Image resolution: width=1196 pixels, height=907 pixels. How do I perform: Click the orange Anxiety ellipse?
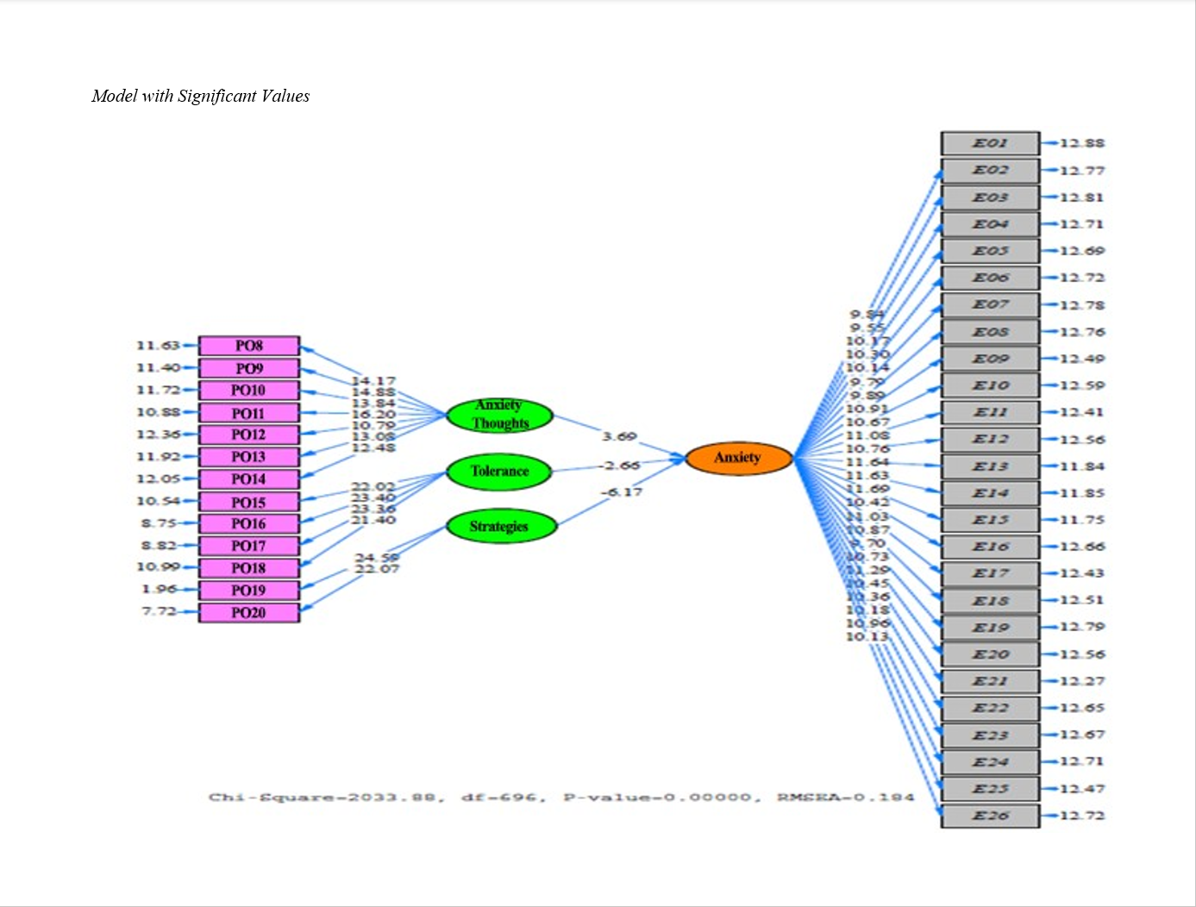point(738,458)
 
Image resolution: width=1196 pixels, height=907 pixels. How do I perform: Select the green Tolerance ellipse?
point(499,472)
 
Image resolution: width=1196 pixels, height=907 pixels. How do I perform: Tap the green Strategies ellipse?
point(499,526)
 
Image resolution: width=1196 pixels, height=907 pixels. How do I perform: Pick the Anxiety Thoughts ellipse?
point(499,415)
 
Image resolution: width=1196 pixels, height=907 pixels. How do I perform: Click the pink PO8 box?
point(249,346)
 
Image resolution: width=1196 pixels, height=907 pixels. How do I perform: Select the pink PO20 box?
point(249,612)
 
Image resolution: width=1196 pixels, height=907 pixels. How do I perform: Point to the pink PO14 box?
point(249,479)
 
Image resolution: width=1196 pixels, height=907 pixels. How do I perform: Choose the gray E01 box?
point(990,143)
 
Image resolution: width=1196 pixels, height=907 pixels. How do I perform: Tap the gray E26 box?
point(990,816)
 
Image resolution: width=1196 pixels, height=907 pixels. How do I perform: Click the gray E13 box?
point(990,466)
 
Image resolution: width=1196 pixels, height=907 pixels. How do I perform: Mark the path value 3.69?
point(619,436)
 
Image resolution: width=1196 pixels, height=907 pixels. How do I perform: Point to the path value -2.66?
point(621,466)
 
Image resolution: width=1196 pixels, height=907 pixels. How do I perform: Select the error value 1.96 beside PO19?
point(160,589)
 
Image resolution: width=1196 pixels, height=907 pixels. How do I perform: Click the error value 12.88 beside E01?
point(1082,143)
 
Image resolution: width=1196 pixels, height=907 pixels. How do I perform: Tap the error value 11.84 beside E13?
point(1082,466)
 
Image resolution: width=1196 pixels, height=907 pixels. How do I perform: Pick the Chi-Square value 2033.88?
point(397,797)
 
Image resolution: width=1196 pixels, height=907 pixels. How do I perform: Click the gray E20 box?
point(990,654)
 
